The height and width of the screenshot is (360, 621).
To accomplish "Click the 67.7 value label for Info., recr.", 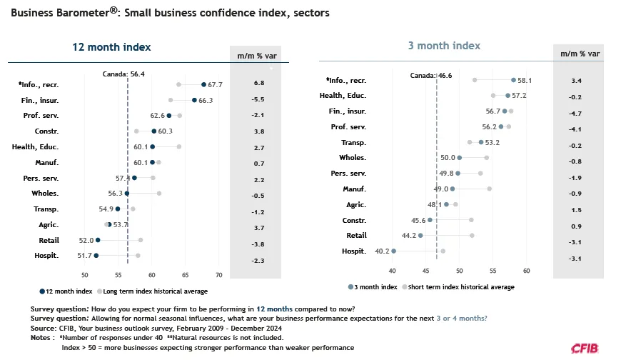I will (x=216, y=84).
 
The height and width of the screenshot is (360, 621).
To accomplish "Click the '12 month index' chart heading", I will (x=112, y=47).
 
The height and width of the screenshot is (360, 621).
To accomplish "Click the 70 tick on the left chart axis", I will (x=219, y=275).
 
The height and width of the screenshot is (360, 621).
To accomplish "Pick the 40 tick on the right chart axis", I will (x=392, y=271).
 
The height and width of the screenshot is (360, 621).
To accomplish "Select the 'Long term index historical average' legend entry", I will (x=155, y=291).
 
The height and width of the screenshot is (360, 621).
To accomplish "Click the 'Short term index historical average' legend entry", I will (x=459, y=286).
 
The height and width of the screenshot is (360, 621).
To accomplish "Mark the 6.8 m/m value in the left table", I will (x=259, y=83).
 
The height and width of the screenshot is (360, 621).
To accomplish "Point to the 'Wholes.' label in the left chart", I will (x=45, y=193).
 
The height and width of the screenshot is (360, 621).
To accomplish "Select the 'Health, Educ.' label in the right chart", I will (x=343, y=96).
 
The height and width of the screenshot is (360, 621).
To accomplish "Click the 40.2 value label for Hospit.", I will (x=383, y=251).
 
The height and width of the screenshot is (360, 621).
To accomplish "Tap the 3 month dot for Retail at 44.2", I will (x=420, y=235).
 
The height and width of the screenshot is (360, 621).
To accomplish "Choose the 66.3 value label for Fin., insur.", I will (x=206, y=100).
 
